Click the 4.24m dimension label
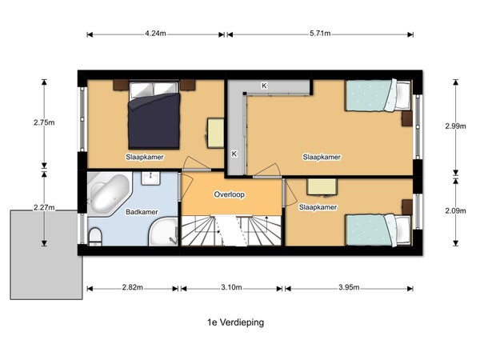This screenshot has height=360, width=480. (155, 34)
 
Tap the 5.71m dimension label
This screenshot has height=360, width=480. (320, 34)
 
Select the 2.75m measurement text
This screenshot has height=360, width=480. (44, 122)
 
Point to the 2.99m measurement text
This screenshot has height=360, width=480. (455, 126)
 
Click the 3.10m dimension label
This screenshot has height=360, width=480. (231, 287)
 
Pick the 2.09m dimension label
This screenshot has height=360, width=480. (455, 210)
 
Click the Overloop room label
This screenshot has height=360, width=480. (230, 194)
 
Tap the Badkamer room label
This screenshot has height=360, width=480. (142, 212)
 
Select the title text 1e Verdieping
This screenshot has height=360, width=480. (236, 322)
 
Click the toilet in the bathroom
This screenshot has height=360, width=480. (95, 236)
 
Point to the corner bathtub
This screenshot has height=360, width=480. (110, 194)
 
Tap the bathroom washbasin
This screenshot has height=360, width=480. (150, 178)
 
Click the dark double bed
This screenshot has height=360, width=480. (154, 115)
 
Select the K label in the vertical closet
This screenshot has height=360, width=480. (234, 154)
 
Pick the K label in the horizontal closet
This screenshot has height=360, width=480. (264, 86)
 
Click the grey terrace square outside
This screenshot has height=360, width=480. (46, 254)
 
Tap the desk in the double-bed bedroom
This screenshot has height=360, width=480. (215, 133)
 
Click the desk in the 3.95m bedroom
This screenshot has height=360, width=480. (322, 186)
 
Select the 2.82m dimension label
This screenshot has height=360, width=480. (133, 287)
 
